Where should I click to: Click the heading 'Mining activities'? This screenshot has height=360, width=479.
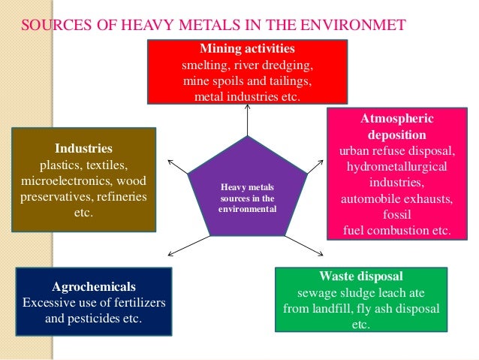tap(247, 50)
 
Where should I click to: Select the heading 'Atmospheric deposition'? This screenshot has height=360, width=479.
tap(397, 128)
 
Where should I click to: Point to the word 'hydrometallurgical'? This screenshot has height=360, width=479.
tap(397, 166)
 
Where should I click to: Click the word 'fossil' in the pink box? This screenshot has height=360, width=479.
tap(397, 215)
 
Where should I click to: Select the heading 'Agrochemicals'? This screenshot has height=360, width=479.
tap(94, 286)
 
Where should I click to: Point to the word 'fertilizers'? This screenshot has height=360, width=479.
tap(132, 303)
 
